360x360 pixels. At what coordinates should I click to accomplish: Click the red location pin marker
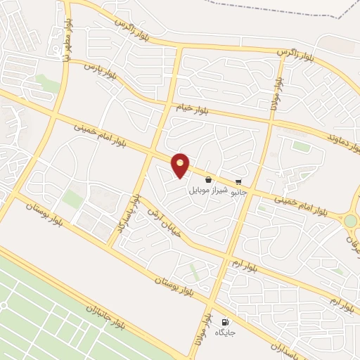coord(181,164)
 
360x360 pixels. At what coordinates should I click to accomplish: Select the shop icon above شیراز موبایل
coord(209,180)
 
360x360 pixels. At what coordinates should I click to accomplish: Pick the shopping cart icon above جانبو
coord(239,181)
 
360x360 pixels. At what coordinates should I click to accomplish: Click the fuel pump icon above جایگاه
coord(225,320)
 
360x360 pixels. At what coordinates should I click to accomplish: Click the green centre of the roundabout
coord(350,221)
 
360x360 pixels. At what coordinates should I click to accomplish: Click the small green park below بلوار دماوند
coord(301,146)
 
